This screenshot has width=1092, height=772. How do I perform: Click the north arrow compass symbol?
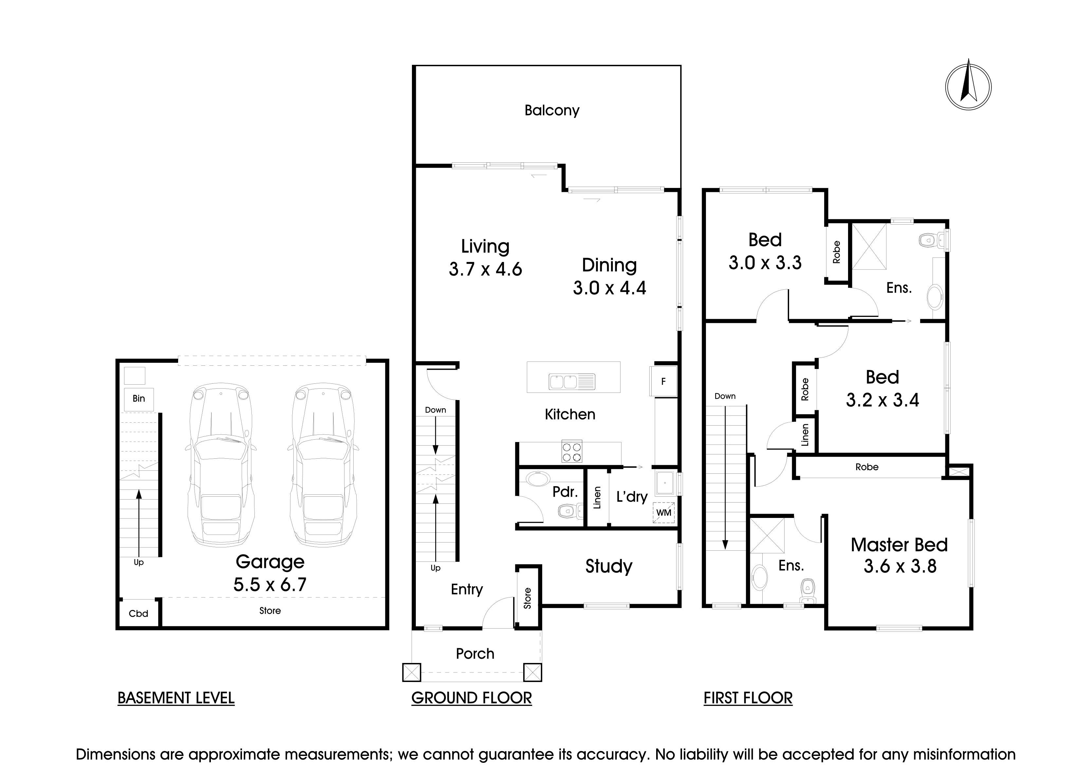click(x=968, y=87)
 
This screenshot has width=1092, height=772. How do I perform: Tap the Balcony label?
click(x=552, y=110)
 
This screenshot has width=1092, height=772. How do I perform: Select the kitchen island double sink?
click(x=572, y=381)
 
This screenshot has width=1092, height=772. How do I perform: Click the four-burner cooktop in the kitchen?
click(x=572, y=452)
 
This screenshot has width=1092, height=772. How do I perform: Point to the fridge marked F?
click(x=663, y=381)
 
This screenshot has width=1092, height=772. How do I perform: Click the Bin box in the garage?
click(x=139, y=399)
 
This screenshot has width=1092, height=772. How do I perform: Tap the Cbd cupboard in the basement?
click(x=139, y=613)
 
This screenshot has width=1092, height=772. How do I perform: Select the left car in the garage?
click(x=220, y=465)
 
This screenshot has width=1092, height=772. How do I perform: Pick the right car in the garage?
click(x=323, y=465)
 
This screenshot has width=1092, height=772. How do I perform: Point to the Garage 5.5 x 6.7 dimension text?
click(x=270, y=573)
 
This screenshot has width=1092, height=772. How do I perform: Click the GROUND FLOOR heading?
click(x=471, y=698)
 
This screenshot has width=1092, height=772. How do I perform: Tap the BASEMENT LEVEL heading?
click(x=176, y=698)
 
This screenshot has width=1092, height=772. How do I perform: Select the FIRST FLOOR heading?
click(x=748, y=698)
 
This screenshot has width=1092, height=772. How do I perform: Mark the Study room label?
click(x=609, y=566)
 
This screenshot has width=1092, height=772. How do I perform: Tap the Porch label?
click(x=475, y=653)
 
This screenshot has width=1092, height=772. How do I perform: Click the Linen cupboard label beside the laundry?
click(x=597, y=498)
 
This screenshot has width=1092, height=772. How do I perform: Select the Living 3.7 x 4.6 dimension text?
click(x=486, y=258)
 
